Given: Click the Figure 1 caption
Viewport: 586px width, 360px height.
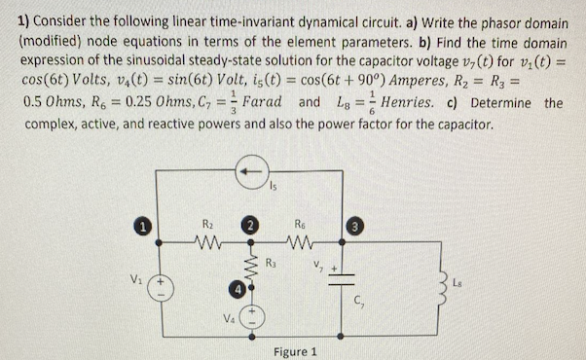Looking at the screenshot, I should tap(299, 350).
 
